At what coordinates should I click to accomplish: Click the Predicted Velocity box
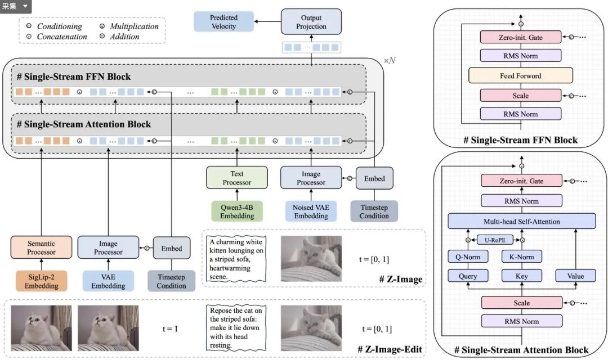coord(223,22)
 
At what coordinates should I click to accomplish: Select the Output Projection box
coord(311,22)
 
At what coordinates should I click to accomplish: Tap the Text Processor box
coord(237,178)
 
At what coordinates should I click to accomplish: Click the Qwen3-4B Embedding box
coord(237,211)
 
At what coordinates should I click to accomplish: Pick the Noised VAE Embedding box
coord(311,211)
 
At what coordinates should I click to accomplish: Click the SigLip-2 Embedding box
coord(41,281)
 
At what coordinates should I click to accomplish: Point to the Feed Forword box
coord(520,75)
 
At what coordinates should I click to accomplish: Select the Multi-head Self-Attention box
coord(521,221)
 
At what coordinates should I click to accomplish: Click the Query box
coord(468,276)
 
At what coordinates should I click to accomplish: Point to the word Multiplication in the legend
coord(134,26)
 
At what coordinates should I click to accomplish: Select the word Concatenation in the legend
coord(62,37)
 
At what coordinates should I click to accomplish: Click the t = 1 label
coord(171,327)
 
